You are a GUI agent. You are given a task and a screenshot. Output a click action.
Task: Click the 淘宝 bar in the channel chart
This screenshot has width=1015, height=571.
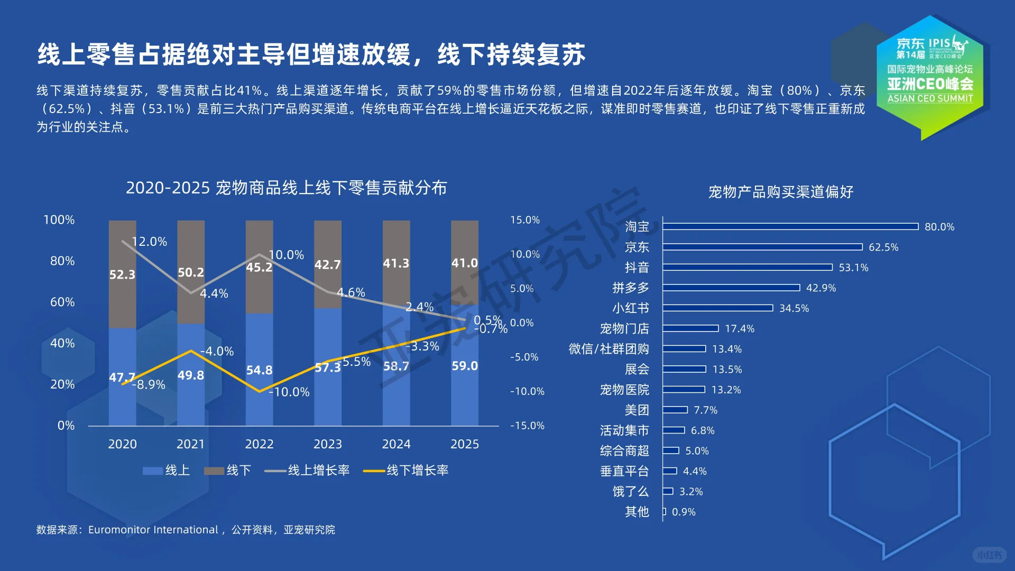pos(790,227)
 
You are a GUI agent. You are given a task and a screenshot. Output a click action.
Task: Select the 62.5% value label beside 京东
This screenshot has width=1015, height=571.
pos(883,247)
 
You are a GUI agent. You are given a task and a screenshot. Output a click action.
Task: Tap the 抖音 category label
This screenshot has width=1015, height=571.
pos(636,268)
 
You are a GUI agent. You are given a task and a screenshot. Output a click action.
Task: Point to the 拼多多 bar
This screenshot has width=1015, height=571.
pos(731,288)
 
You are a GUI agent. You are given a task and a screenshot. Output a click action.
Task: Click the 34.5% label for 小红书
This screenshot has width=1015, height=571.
pos(794,308)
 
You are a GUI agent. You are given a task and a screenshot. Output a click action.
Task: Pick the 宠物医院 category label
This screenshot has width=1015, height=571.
pos(624,390)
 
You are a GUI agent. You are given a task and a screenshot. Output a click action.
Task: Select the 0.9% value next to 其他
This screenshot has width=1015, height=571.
pos(684,512)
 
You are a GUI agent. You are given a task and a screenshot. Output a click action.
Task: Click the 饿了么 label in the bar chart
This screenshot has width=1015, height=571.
pos(630,492)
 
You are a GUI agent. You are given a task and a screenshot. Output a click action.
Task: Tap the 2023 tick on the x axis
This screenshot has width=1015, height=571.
pos(328,444)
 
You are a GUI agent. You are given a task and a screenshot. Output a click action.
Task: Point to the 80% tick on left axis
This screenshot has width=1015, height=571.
pos(62,261)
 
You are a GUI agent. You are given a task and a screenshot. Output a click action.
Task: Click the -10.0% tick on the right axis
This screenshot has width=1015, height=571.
pos(527,391)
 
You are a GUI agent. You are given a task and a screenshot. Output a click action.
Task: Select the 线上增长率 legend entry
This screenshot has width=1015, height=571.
pos(307,470)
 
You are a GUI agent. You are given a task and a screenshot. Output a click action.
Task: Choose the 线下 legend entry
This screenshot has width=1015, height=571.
pos(228,470)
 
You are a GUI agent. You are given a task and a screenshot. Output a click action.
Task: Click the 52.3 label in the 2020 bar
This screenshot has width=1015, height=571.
pos(122,274)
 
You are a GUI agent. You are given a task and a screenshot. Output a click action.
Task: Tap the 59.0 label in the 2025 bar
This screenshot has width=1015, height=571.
pos(465,366)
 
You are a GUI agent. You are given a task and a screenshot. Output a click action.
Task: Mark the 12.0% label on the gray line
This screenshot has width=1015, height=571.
pos(149,242)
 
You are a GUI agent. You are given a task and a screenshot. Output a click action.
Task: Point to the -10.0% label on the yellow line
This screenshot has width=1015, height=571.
pos(289,392)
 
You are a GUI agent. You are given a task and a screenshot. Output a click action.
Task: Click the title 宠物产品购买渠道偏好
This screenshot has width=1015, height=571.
pos(781,192)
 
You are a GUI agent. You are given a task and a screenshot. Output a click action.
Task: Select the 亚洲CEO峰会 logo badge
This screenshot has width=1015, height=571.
pos(930,74)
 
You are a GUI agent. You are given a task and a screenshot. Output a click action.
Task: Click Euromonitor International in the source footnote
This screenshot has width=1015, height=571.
pos(153,530)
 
